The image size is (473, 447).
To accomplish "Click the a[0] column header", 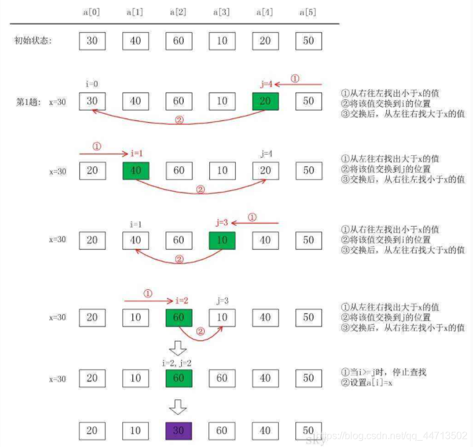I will point(92,12).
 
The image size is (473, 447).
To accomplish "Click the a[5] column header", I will point(309,12).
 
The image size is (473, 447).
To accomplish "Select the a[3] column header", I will point(222,12).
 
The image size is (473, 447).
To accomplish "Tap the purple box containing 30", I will point(179,430).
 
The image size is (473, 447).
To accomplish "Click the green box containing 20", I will point(265,101).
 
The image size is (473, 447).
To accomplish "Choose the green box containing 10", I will point(222,240).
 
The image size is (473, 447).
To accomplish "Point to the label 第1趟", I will point(28,101).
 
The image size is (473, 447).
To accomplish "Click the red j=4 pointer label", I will point(266,84).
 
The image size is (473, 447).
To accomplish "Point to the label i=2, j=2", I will point(179,362).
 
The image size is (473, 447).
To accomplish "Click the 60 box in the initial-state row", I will point(179,41).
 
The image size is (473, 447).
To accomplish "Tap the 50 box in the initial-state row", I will point(309,41).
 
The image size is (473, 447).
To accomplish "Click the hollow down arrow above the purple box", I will point(179,407).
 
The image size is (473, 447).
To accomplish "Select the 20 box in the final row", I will point(92,430).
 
